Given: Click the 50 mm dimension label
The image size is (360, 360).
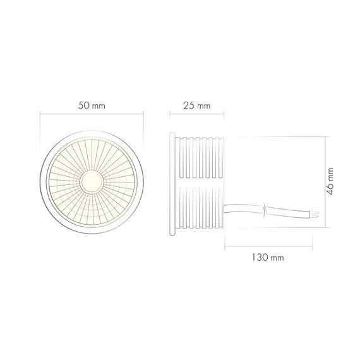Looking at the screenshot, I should click(x=92, y=105).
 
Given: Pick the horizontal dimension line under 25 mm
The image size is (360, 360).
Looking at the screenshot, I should click(x=196, y=114).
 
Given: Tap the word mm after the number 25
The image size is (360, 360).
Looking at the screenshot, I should click(x=204, y=105).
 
